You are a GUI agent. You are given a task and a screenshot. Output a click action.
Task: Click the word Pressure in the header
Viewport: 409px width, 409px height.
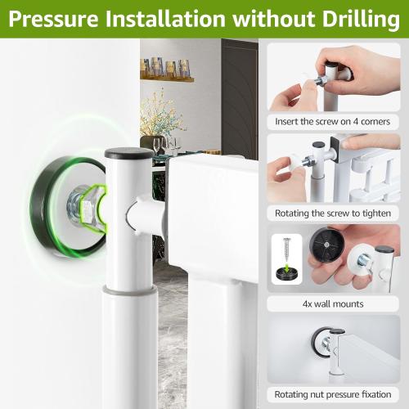(53, 19)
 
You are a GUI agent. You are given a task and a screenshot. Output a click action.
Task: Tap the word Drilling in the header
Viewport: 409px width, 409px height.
(361, 20)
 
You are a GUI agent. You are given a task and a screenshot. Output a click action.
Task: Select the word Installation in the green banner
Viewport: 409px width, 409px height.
(165, 19)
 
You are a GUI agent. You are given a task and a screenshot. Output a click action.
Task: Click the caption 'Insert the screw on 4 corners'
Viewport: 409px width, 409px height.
(332, 121)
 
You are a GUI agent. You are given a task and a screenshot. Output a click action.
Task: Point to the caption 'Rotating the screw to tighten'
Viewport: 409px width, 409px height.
(333, 213)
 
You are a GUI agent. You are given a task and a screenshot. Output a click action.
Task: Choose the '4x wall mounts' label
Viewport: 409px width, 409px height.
(333, 303)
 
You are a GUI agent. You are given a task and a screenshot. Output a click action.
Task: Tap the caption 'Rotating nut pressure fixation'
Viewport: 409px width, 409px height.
(333, 394)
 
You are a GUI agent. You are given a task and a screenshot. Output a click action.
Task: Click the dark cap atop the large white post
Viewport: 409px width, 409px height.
(129, 153)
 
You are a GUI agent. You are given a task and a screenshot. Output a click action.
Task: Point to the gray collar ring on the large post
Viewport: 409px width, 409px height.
(130, 290)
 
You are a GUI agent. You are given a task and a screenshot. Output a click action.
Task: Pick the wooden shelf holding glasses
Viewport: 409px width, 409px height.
(167, 79)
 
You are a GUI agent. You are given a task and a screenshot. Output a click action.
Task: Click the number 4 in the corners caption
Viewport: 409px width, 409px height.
(356, 121)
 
